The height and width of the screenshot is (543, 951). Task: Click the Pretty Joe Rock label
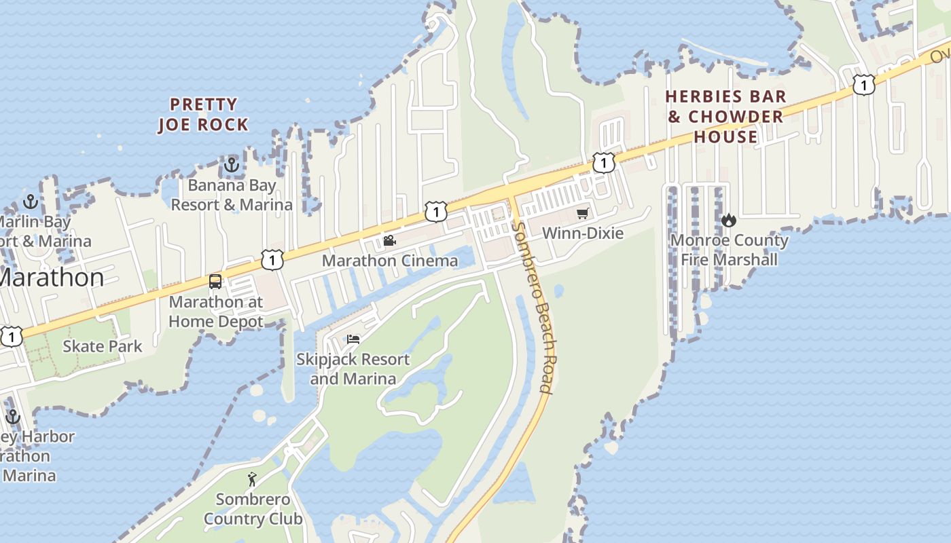203,115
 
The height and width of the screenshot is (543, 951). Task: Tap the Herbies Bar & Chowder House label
726,117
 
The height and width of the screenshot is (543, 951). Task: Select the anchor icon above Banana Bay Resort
232,165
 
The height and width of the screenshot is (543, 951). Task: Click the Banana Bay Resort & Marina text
232,195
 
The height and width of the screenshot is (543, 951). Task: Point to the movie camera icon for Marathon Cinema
389,241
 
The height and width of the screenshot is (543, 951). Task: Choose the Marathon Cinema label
389,261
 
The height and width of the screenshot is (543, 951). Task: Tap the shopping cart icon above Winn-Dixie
582,214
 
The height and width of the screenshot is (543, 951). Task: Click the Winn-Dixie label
582,233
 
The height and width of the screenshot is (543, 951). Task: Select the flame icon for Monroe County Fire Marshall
729,220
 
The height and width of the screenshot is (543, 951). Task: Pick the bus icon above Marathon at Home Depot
215,282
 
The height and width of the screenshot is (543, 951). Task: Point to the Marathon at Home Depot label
215,312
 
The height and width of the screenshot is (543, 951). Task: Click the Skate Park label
103,346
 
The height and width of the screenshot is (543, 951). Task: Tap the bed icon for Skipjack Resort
353,339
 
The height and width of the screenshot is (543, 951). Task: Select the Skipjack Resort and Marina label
353,369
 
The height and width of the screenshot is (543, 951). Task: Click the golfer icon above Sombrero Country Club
252,479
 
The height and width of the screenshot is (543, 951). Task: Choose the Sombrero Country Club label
253,509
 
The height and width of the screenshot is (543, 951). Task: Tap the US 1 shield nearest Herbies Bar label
863,85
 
